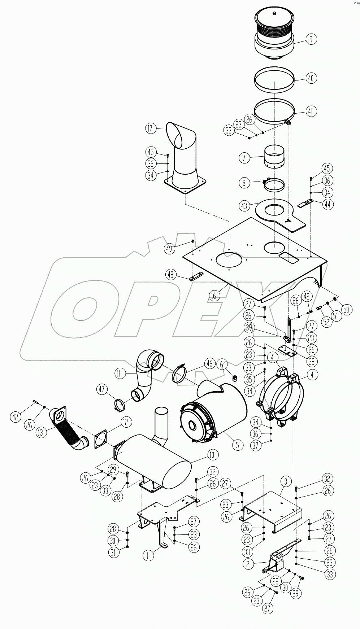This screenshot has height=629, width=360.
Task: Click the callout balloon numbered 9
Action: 311,39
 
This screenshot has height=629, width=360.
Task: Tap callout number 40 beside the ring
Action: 311,78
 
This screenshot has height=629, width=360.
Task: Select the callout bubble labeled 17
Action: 151,128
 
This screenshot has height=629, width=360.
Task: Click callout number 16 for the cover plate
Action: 214,296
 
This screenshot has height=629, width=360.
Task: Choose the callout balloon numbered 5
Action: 237,445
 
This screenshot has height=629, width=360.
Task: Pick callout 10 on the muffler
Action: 213,455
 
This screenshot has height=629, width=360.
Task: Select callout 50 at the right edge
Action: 346,310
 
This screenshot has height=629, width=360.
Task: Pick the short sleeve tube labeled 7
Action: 273,157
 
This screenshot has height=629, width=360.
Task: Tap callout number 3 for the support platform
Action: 286,481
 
